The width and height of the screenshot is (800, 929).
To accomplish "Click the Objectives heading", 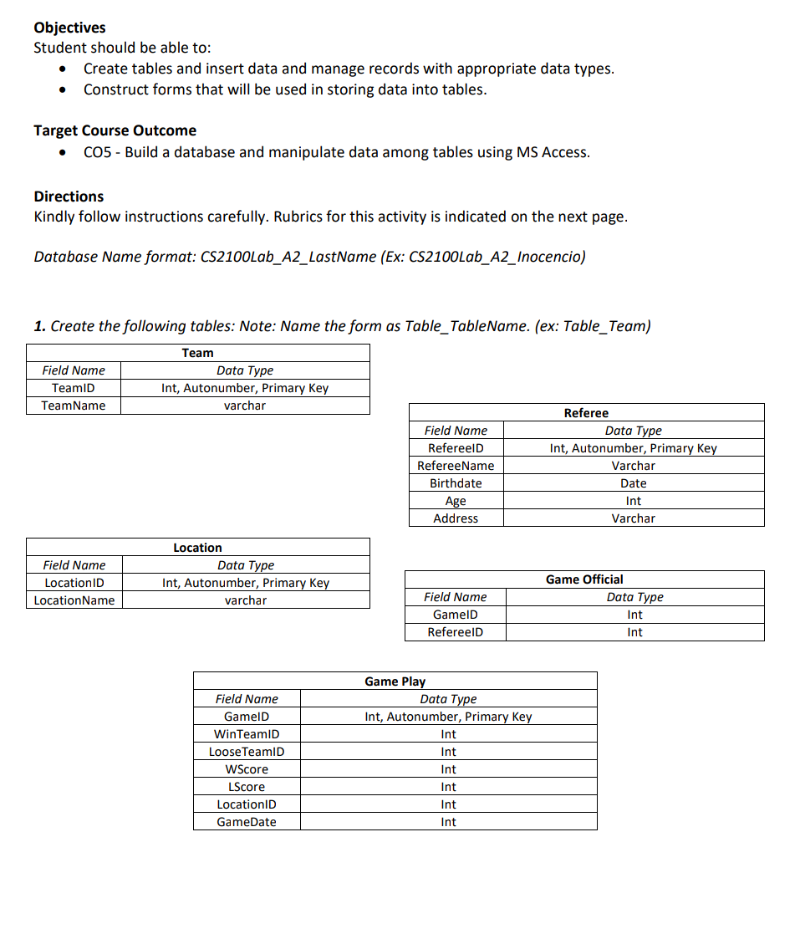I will [69, 28].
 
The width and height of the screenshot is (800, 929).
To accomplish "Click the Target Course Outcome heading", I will [115, 130].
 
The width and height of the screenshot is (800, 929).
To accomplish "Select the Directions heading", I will [69, 197].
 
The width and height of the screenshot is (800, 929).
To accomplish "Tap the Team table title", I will [197, 353].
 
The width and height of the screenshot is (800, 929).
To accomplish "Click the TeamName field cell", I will [74, 406].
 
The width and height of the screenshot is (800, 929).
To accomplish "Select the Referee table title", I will [586, 413].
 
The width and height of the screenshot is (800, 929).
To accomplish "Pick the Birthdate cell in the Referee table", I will [456, 483].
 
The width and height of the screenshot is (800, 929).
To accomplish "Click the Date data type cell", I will [633, 483].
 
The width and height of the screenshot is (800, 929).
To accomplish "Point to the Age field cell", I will [456, 501].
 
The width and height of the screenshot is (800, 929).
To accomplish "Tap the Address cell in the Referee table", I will [456, 518].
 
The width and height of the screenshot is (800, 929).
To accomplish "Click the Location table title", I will [197, 548].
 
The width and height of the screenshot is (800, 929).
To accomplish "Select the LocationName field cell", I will [74, 600].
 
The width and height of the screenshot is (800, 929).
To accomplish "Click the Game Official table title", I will [584, 579].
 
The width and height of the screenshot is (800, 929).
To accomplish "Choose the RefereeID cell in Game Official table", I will [455, 632].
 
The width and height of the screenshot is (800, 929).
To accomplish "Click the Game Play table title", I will [395, 681].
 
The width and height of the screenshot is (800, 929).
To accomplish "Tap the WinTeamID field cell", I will [247, 734].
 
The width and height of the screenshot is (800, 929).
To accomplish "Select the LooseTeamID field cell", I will [247, 752].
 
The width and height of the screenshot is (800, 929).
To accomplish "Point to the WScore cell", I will [247, 769].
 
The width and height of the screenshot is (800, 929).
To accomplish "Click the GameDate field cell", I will [247, 822].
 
